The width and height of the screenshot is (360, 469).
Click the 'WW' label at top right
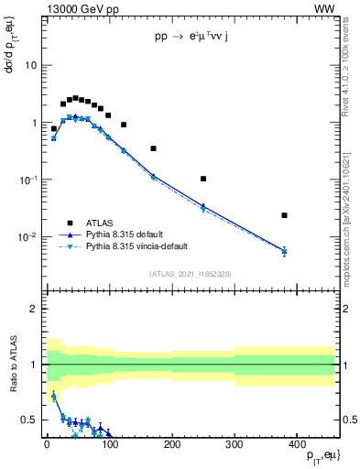pos(324,8)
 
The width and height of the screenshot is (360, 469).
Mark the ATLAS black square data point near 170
pos(153,148)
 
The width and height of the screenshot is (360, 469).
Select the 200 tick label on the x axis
pos(171,444)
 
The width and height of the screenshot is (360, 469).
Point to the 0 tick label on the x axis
pos(47,444)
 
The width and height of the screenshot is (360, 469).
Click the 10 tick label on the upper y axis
pos(29,66)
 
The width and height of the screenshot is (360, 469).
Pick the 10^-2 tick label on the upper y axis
pos(27,237)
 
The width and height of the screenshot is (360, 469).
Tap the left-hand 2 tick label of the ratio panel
pos(33,309)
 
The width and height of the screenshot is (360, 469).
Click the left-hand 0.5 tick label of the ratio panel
pos(29,420)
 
